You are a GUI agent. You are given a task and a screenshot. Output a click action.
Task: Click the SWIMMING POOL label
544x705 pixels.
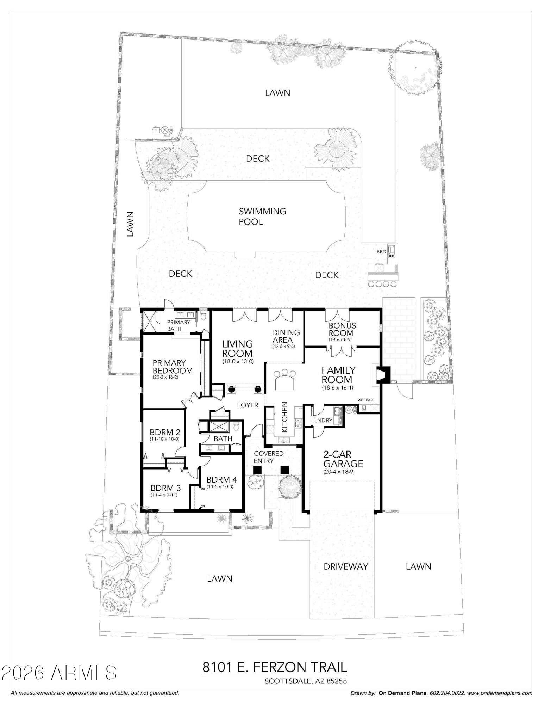[x=262, y=216]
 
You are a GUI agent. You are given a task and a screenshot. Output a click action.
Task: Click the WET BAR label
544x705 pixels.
[x=365, y=400]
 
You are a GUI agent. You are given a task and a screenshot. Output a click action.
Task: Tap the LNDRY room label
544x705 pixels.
[x=323, y=420]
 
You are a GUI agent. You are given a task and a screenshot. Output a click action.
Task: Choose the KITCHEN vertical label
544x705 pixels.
[x=285, y=417]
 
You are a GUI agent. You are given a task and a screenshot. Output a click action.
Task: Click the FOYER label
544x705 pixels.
[x=248, y=405]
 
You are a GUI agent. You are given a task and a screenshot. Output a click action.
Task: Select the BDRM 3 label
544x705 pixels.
[x=165, y=488]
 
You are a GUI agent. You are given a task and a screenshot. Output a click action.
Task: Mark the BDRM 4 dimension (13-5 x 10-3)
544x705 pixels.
[x=220, y=486]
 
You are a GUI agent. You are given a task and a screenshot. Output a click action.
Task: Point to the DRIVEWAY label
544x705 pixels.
[x=346, y=566]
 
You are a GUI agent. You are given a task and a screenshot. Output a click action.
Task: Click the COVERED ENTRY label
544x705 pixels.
[x=269, y=457]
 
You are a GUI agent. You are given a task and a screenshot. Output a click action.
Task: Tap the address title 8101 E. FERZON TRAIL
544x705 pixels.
[x=274, y=667]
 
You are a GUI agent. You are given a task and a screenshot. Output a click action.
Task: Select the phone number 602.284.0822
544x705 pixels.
[x=446, y=693]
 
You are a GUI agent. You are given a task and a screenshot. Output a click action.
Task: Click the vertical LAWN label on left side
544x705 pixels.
[x=130, y=224]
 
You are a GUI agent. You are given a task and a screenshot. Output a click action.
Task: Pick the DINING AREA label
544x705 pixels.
[x=286, y=336]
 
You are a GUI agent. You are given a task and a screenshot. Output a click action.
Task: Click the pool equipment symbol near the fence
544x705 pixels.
[x=163, y=130]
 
